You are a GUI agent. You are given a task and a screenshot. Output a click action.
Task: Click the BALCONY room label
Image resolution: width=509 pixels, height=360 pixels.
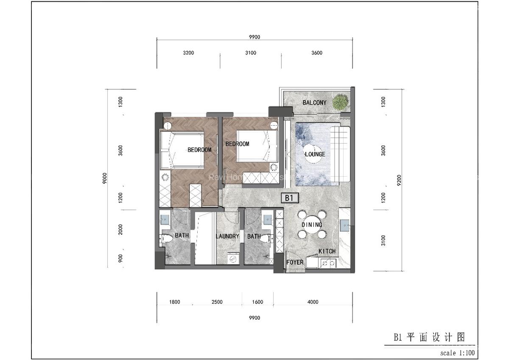pyautogui.click(x=314, y=103)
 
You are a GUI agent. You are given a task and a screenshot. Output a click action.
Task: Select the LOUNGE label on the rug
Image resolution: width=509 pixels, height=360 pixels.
pyautogui.click(x=315, y=154)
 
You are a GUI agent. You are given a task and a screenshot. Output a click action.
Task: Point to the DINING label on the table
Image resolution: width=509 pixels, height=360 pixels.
pyautogui.click(x=312, y=225)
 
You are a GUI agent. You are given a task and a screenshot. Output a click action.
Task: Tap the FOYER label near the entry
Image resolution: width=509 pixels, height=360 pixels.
pyautogui.click(x=295, y=262)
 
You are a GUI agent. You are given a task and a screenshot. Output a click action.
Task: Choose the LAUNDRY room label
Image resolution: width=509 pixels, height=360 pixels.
pyautogui.click(x=227, y=236)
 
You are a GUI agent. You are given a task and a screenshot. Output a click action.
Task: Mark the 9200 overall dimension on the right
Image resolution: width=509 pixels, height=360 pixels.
pyautogui.click(x=399, y=180)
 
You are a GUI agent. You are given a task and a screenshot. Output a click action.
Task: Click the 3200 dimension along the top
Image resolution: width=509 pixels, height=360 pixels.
pyautogui.click(x=188, y=53)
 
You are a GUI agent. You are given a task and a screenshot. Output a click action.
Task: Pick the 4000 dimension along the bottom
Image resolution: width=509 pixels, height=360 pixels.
pyautogui.click(x=313, y=302)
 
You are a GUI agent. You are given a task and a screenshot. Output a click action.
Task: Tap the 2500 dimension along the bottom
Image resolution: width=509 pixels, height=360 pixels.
pyautogui.click(x=217, y=302)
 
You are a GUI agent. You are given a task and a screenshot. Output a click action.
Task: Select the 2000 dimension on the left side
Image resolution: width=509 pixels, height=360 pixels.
pyautogui.click(x=121, y=230)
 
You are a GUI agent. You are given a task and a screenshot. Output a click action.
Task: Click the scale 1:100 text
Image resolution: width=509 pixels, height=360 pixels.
pyautogui.click(x=457, y=353)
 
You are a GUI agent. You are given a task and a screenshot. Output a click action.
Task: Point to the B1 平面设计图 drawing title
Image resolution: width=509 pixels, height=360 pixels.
pyautogui.click(x=429, y=337)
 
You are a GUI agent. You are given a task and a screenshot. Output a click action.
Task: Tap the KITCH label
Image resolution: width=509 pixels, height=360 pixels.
pyautogui.click(x=327, y=251)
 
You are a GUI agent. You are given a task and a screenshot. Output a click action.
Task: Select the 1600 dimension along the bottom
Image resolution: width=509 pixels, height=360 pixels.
pyautogui.click(x=257, y=302)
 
